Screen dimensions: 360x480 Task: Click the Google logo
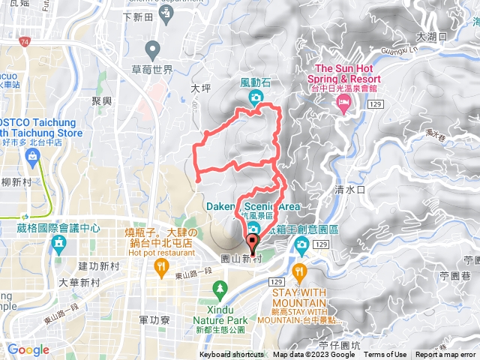click(28, 349)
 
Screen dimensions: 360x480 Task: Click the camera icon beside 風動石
click(256, 97)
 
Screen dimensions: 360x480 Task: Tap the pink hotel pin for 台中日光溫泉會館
click(344, 106)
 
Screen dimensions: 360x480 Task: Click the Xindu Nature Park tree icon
click(220, 288)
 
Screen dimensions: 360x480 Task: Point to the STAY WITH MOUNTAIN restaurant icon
click(301, 271)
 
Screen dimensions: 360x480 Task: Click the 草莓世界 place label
click(152, 70)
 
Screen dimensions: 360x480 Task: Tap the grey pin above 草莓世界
click(154, 51)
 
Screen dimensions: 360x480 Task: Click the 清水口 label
click(349, 190)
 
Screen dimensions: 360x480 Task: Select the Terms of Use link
click(385, 355)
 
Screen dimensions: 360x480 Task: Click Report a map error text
click(447, 355)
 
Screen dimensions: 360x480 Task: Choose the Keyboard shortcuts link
click(232, 355)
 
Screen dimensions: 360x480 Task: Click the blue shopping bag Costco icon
click(32, 156)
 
